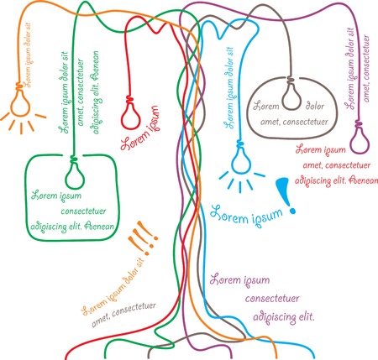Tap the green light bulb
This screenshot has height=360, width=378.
(75, 175)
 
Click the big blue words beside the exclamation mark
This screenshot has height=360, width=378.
(244, 214)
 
